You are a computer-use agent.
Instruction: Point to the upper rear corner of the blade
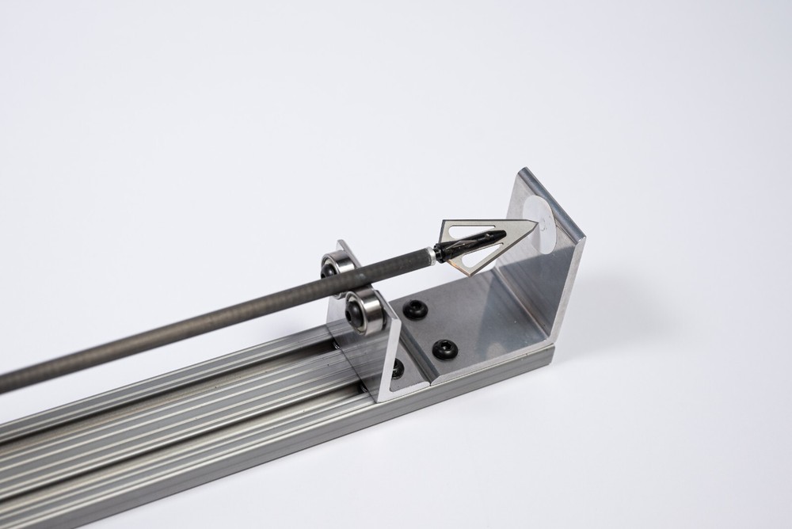(444, 222)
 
